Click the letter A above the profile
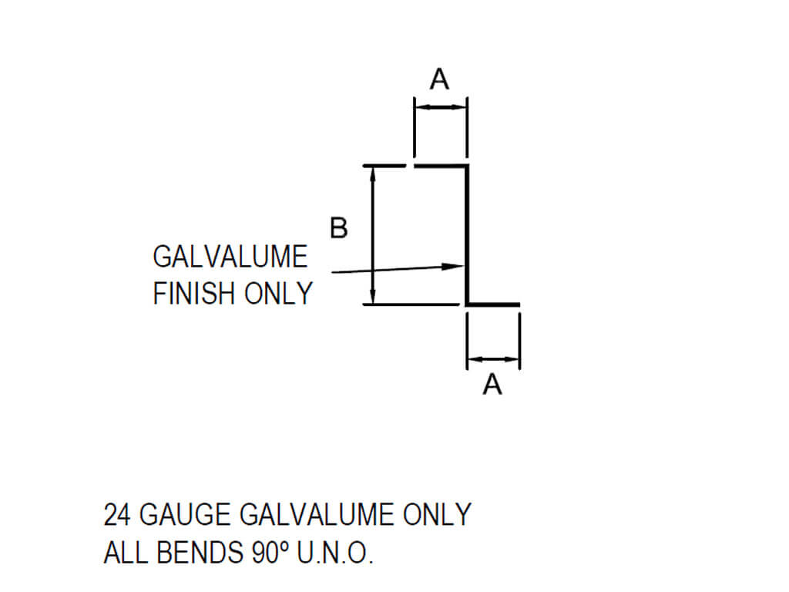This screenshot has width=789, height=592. [439, 79]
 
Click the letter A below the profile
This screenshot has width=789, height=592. [492, 384]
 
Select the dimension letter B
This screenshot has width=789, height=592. [339, 228]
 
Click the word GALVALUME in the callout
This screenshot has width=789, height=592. [230, 257]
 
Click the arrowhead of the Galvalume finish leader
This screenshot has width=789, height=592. [455, 267]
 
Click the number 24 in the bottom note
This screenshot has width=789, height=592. [118, 515]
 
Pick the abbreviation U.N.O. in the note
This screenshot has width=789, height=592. [335, 553]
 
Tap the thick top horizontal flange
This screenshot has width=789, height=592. [441, 166]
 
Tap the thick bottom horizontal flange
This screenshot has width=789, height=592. [493, 304]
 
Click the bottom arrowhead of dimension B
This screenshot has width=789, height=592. [373, 298]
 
